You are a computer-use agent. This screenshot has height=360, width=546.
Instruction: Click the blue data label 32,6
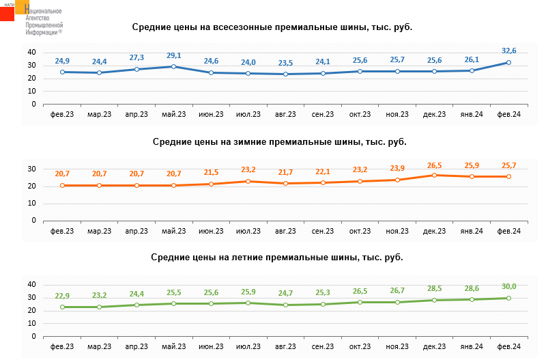click(x=508, y=51)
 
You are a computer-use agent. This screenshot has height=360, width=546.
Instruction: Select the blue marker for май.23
click(x=174, y=66)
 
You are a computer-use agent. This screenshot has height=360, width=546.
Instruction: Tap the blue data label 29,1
click(x=174, y=56)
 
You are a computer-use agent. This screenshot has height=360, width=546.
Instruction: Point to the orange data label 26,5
click(x=434, y=166)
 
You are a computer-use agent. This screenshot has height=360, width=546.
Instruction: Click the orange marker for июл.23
click(x=248, y=181)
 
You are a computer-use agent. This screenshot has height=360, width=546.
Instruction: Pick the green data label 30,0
click(x=508, y=286)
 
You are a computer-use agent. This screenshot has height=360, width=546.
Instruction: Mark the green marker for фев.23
click(x=62, y=307)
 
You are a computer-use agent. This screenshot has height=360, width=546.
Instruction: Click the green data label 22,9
click(x=62, y=296)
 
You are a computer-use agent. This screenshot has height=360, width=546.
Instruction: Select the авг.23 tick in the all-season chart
click(x=285, y=114)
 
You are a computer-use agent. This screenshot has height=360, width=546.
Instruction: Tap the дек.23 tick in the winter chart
click(x=434, y=231)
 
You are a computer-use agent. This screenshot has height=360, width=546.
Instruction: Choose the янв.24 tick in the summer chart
click(x=472, y=346)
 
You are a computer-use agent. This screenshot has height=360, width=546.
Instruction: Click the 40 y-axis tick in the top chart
click(x=31, y=53)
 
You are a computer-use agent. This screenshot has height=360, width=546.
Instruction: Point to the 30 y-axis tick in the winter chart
click(x=31, y=169)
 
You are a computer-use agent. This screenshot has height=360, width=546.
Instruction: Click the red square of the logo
click(x=7, y=14)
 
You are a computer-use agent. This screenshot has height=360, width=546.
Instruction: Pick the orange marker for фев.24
click(x=508, y=177)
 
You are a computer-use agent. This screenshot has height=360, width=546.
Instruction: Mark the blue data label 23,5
click(x=285, y=63)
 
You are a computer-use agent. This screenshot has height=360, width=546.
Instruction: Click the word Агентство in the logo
click(x=38, y=18)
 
